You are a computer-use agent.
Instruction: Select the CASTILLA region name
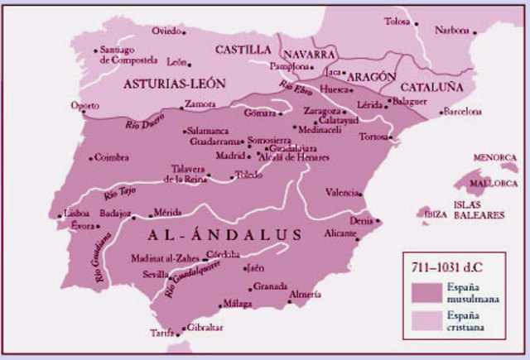(243, 50)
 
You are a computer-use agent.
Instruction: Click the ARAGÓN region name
(371, 76)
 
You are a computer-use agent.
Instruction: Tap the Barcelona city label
(463, 111)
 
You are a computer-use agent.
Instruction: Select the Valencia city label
(342, 193)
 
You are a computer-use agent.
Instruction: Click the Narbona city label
(451, 31)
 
